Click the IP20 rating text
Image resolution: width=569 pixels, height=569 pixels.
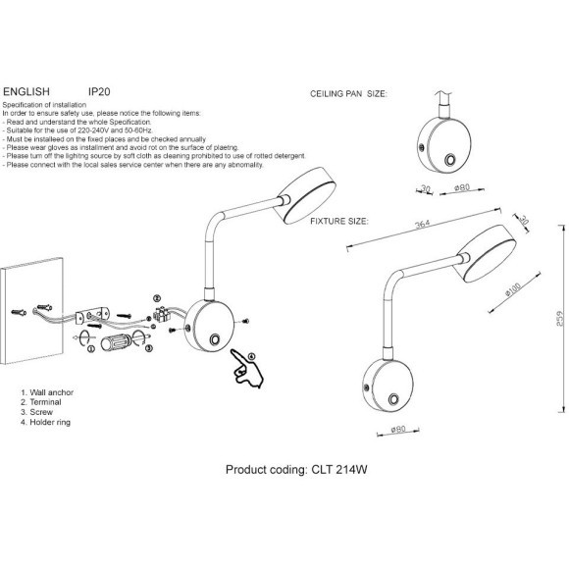coord(99,91)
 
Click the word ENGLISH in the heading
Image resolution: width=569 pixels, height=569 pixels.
coord(26,91)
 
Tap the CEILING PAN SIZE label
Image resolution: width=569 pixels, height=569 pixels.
coord(348,93)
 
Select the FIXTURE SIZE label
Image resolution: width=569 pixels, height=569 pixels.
coord(339,221)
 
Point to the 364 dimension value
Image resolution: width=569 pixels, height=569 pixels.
coord(423,225)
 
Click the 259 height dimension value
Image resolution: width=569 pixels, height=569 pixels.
coord(560,318)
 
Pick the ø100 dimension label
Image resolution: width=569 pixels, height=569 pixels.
coord(513,289)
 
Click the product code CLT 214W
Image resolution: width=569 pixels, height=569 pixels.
coord(339,470)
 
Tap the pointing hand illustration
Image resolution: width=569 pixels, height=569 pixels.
coord(247,368)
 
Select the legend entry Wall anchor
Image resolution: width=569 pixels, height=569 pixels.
coord(47,392)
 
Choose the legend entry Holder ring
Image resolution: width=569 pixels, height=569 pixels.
coord(46,422)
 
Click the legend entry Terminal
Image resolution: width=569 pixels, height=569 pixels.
coord(41,402)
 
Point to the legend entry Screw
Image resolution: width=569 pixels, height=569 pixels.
coord(36,412)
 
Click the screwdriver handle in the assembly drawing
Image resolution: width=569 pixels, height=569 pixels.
coord(116,342)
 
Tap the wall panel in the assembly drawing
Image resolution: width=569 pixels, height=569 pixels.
coord(31,310)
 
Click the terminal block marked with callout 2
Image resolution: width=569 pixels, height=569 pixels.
coord(161,314)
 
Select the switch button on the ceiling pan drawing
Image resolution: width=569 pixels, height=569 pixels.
coord(450,160)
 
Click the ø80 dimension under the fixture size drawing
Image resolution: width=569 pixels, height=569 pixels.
coord(398,430)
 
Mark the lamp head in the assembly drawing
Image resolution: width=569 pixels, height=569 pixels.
coord(305,195)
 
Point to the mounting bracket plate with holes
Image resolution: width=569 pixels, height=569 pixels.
coord(92,316)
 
